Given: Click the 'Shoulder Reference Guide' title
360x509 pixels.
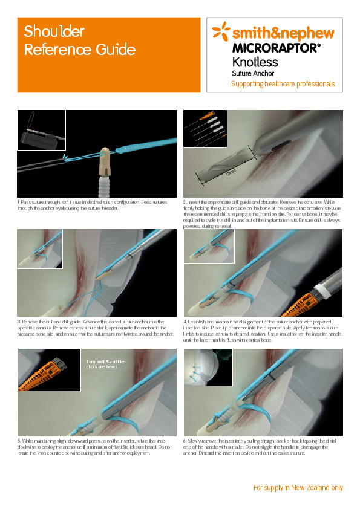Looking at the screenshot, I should coord(79,41).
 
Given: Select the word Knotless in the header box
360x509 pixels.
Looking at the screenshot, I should coord(255,62).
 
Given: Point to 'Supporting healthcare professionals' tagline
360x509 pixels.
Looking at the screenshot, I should coord(283,84).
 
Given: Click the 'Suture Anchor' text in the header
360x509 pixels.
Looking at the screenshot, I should coord(253,73).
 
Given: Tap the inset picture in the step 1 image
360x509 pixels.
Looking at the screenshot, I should coord(41,130).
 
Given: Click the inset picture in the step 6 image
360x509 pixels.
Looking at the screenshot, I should coord(208,368).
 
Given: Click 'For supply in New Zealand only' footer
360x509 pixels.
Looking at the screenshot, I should coord(298,487).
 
